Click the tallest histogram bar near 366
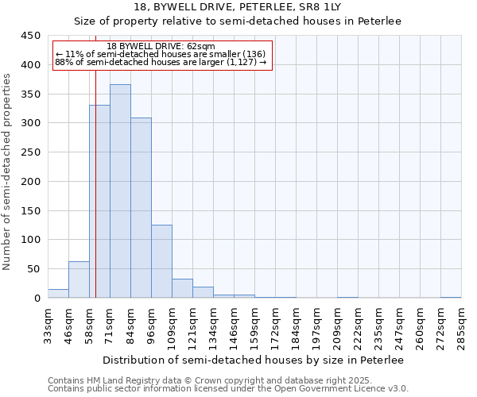[x=120, y=191]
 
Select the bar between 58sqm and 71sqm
[x=99, y=202]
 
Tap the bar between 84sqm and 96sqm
[x=141, y=208]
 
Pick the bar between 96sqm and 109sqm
[x=161, y=261]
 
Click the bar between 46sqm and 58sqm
[x=79, y=279]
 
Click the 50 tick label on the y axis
[x=32, y=268]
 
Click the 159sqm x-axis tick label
[x=255, y=327]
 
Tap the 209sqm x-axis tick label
[x=338, y=327]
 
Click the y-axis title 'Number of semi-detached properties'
[x=7, y=172]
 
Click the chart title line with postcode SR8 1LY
[x=238, y=7]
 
